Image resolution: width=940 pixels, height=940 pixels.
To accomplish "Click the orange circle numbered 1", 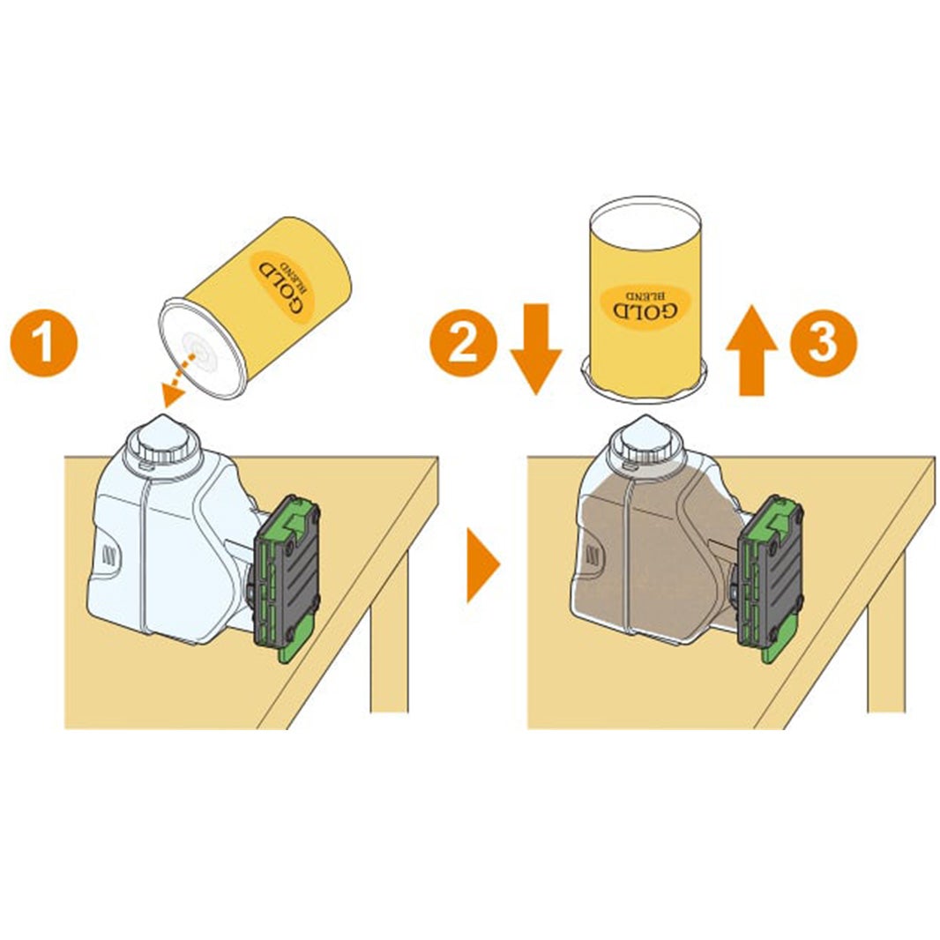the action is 44,344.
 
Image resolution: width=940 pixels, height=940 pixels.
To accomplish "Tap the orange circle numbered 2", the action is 464,344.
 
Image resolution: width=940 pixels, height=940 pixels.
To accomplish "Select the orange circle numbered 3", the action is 823,343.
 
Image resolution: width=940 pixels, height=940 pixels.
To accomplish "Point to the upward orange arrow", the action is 752,350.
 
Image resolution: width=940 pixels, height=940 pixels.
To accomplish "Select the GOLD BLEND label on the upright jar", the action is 645,306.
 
